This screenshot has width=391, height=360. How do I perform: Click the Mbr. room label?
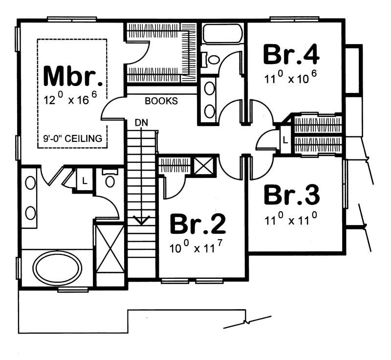tap(74, 75)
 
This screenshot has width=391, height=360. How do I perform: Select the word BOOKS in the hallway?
tap(161, 101)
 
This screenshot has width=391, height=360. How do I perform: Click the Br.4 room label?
tap(291, 54)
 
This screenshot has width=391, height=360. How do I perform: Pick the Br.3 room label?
tap(292, 194)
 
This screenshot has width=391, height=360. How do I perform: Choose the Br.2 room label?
tap(198, 225)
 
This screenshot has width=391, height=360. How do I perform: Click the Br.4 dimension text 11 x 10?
tap(291, 78)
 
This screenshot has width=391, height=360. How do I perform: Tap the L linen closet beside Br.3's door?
tap(285, 140)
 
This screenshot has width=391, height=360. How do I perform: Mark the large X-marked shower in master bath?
tap(110, 254)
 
